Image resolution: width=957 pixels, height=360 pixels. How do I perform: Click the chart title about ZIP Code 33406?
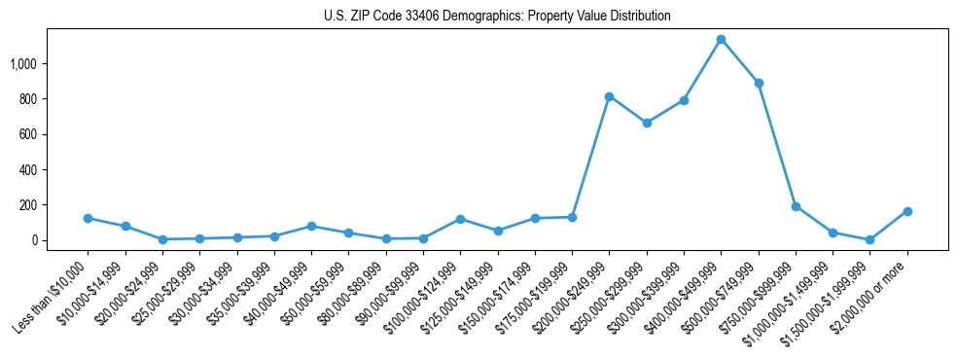497,17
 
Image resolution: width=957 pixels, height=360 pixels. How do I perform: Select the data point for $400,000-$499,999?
721,40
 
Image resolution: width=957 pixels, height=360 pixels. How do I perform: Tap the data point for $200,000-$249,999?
609,96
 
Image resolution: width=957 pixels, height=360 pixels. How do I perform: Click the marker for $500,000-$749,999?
759,84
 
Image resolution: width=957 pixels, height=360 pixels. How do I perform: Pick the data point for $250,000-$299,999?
647,123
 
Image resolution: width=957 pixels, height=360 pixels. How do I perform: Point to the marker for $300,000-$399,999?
684,100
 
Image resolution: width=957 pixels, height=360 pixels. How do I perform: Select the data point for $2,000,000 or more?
907,211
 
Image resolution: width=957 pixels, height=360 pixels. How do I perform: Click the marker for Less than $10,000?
89,218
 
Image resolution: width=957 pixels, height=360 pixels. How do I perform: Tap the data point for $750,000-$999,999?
796,206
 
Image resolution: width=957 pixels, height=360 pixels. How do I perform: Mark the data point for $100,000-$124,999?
460,219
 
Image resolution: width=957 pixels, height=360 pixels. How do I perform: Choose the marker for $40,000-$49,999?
311,226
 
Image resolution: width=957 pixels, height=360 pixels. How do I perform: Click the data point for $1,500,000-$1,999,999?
870,239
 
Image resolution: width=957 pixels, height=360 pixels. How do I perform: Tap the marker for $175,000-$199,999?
572,217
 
